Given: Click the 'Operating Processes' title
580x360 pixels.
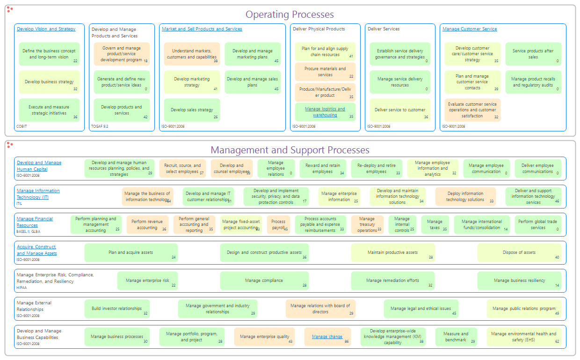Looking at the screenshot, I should (x=290, y=14).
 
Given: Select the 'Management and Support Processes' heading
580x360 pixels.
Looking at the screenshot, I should (x=290, y=150).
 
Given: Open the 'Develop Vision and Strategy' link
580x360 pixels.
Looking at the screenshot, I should (x=46, y=29).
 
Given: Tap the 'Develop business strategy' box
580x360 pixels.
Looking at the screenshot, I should (x=49, y=82).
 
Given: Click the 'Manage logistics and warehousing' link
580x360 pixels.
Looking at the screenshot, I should (x=325, y=112).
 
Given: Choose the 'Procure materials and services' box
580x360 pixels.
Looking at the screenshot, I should (x=325, y=72).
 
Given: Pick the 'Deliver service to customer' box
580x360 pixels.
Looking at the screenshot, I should (x=400, y=110).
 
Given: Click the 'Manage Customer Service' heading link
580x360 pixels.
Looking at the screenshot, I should (x=470, y=29).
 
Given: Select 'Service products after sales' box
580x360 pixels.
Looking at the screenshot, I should (x=533, y=54).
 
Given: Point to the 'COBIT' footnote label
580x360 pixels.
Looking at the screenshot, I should (x=22, y=126).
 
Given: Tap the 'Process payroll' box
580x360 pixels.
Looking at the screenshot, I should (x=278, y=224).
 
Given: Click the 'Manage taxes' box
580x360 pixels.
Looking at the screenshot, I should (x=435, y=224).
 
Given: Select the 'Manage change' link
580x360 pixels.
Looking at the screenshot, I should (x=327, y=337).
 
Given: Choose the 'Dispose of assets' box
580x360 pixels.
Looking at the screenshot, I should (x=519, y=252).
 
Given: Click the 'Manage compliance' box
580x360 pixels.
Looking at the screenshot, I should (x=264, y=281).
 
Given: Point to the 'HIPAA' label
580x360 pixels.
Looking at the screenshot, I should (x=22, y=288).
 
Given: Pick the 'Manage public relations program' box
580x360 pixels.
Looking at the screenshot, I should (x=523, y=309).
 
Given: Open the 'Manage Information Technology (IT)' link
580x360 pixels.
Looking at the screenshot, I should (x=38, y=194).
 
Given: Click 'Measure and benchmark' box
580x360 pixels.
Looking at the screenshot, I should (x=456, y=337).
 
